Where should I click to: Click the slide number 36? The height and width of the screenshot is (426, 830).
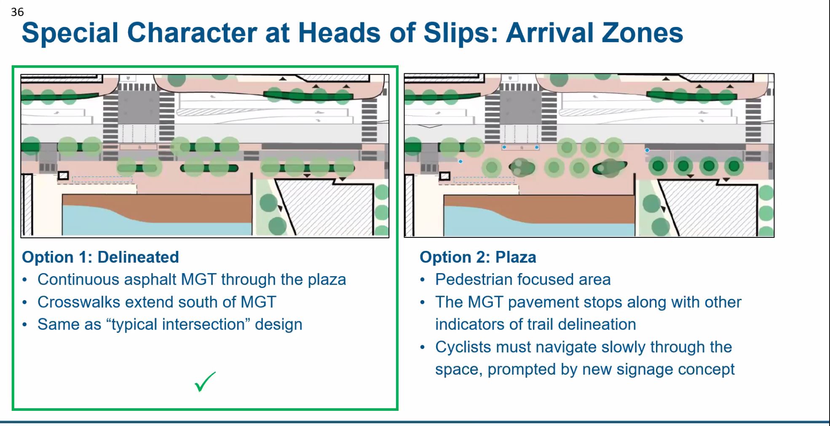pos(17,12)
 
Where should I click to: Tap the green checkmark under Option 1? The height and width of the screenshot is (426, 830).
pos(205,381)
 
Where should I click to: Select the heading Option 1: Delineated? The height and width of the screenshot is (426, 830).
pos(100,257)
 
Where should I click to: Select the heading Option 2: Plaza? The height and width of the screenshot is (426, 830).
pos(478,257)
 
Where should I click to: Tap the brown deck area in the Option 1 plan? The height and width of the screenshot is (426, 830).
pos(190,206)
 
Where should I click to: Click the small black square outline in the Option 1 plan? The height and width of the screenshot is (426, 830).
pos(63,176)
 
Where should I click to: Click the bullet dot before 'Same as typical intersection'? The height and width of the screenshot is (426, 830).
pos(25,325)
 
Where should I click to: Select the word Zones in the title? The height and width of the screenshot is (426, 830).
pos(642,33)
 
